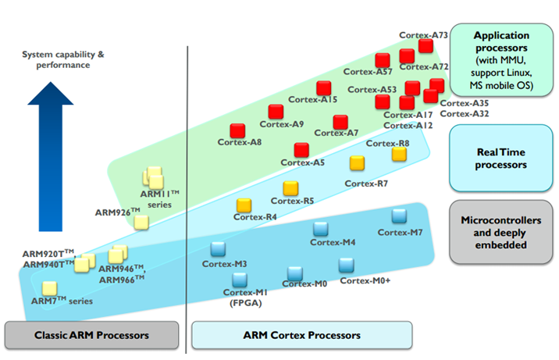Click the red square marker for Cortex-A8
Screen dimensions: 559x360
click(x=237, y=131)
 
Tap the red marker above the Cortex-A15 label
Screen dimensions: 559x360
click(x=324, y=88)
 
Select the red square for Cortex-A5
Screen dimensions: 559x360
click(x=301, y=150)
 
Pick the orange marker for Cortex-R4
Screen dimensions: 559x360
click(x=244, y=205)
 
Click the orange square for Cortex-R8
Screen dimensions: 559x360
click(x=399, y=154)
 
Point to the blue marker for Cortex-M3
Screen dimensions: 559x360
click(x=218, y=249)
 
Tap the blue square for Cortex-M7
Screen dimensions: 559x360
click(x=399, y=216)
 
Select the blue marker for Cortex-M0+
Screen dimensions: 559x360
click(x=346, y=266)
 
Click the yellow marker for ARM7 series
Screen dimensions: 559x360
click(x=49, y=288)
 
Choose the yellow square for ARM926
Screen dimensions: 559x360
click(x=141, y=223)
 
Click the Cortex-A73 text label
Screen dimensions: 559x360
click(x=423, y=35)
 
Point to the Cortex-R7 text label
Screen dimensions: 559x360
click(x=366, y=184)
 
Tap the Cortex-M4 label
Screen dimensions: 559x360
click(x=333, y=242)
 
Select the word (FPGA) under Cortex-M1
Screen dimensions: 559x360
click(x=246, y=303)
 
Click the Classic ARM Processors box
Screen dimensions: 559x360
click(x=91, y=335)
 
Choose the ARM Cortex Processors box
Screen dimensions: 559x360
click(x=302, y=335)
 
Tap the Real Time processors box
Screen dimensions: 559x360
click(x=501, y=159)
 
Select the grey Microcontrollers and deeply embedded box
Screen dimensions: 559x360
click(x=501, y=232)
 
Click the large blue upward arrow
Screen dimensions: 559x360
click(x=51, y=156)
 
